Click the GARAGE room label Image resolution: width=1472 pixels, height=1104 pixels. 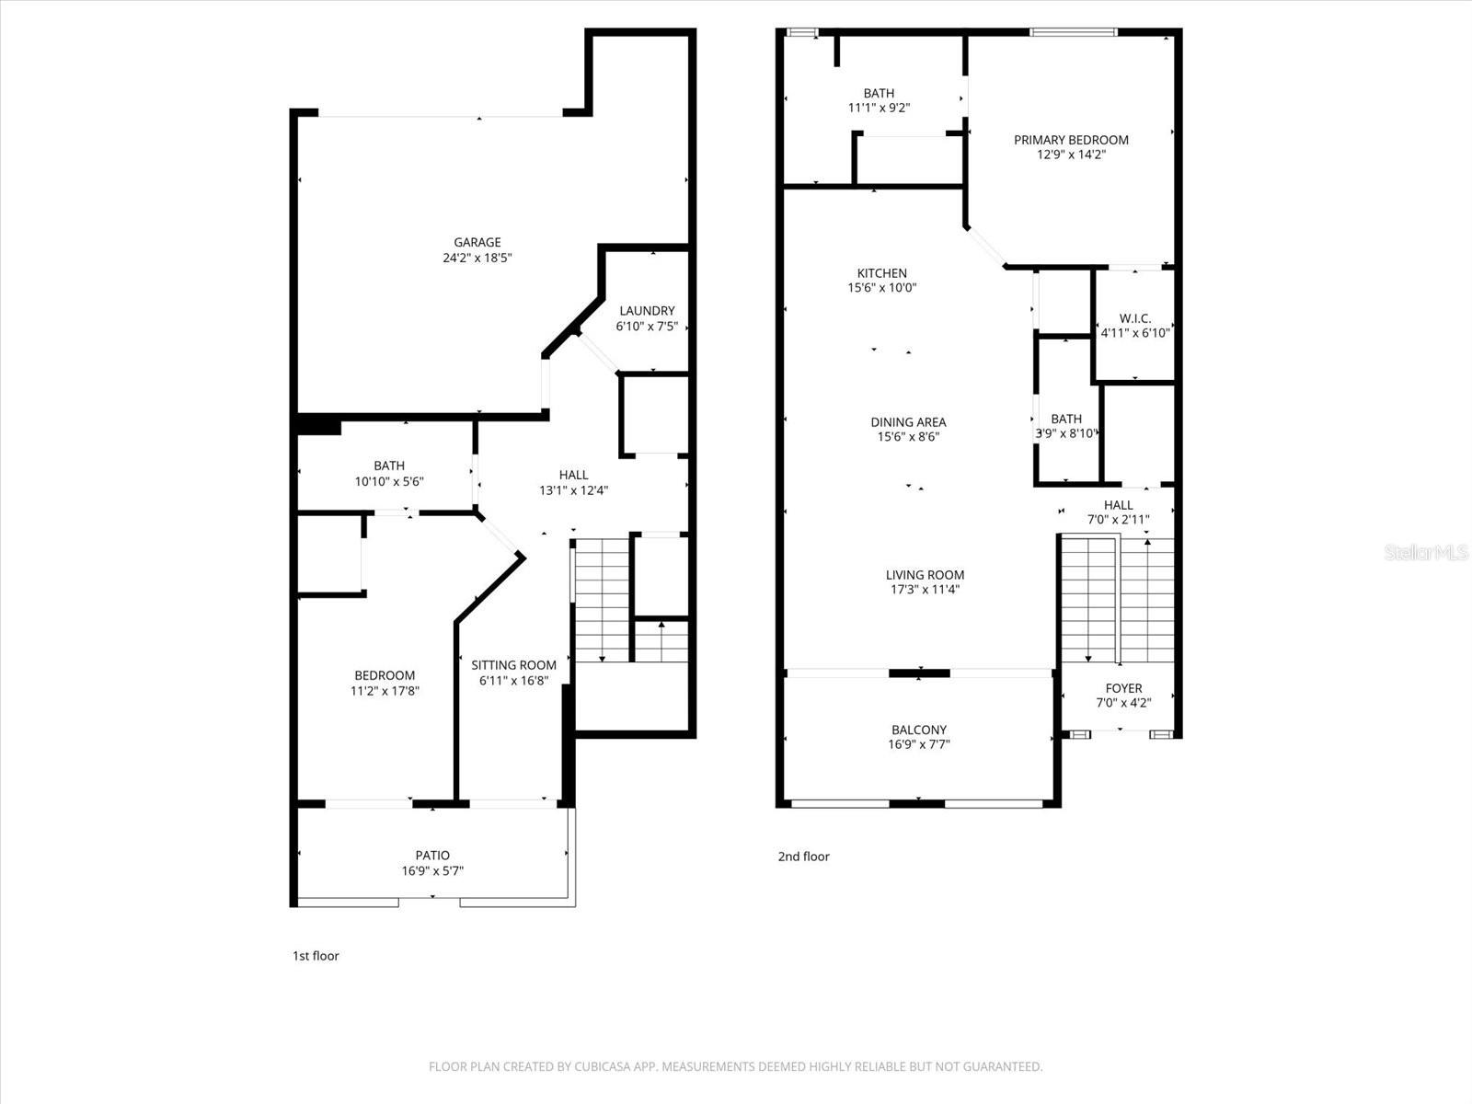(477, 243)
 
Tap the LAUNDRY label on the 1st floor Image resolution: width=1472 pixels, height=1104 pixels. (647, 311)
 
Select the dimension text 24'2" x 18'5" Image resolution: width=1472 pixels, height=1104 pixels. (477, 259)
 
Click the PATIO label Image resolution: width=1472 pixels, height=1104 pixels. (432, 856)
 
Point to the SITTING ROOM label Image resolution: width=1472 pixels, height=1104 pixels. (513, 665)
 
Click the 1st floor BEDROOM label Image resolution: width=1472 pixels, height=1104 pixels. (385, 675)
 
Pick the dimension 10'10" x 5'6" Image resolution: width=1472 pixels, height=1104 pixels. (389, 481)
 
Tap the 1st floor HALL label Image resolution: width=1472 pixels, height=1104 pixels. (573, 475)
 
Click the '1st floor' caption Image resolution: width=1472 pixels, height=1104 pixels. (316, 956)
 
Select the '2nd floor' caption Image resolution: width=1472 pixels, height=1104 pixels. (803, 857)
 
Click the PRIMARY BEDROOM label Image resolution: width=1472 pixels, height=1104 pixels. (1071, 140)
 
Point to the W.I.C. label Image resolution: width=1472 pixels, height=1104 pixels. (1135, 318)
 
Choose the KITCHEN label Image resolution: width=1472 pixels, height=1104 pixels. (881, 273)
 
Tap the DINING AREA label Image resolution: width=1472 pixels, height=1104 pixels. (908, 422)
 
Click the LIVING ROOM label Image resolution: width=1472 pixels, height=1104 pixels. (925, 575)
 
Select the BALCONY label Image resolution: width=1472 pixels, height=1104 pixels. (918, 730)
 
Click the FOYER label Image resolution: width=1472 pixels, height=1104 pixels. (1123, 688)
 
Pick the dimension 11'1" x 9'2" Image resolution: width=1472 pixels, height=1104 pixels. (879, 108)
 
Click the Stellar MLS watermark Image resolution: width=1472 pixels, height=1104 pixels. (1427, 553)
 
